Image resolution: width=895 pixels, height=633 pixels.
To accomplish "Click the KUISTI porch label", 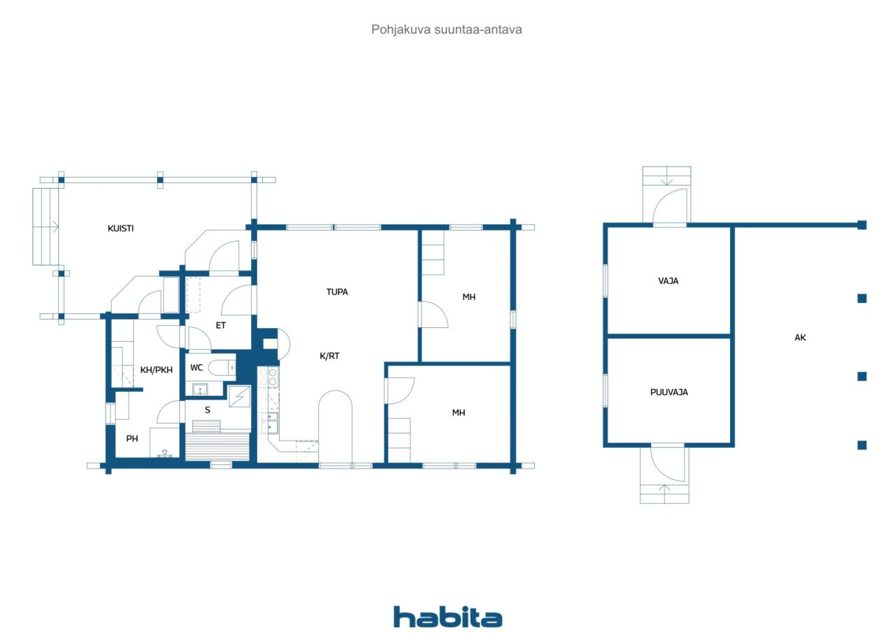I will click(121, 228).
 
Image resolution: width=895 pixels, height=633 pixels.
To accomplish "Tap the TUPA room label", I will click(337, 292).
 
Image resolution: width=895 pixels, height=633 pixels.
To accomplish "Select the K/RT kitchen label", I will click(329, 355).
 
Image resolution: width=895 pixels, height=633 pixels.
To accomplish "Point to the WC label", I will click(196, 367).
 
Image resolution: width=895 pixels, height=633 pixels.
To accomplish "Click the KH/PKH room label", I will click(157, 370).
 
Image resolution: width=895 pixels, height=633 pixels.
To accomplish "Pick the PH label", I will click(132, 439).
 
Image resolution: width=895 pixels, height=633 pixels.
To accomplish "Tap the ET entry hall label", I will click(221, 325).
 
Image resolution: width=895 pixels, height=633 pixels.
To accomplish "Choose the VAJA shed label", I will click(668, 281).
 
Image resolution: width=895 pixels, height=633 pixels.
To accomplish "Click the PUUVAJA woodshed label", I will click(668, 392).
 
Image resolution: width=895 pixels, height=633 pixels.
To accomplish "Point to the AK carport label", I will click(801, 337).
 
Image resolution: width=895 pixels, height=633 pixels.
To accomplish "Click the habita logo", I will click(447, 617).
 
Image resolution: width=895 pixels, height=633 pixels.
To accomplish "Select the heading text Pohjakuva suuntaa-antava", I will click(447, 30).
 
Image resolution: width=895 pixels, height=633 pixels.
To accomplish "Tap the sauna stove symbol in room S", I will click(239, 397).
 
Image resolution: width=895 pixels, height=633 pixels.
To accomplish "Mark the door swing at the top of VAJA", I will click(669, 206).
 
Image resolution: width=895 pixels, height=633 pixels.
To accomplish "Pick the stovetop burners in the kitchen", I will click(268, 378).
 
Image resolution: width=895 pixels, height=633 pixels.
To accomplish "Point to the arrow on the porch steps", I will click(53, 226).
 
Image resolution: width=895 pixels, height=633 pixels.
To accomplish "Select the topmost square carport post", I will click(862, 225).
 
